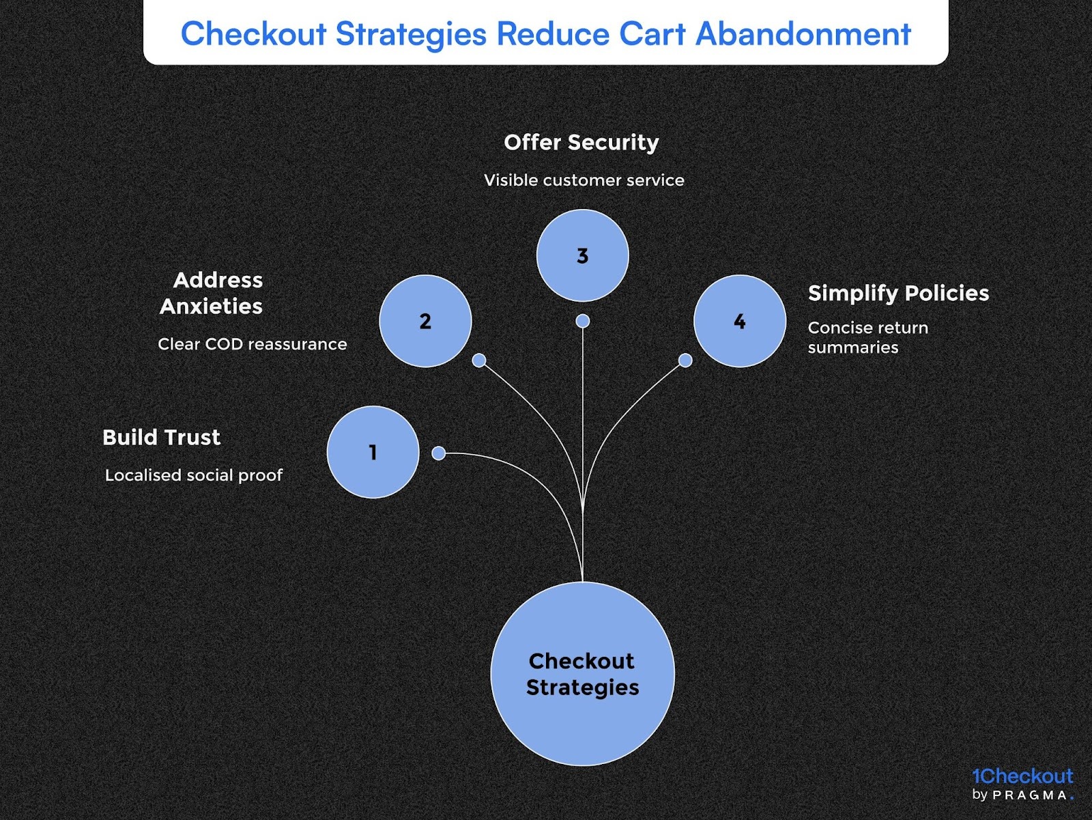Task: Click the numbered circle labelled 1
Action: [373, 452]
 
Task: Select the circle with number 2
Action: [425, 321]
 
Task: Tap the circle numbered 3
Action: [582, 255]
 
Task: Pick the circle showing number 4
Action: [740, 321]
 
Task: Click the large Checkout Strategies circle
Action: [582, 674]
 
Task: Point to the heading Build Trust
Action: [161, 437]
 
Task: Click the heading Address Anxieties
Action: [212, 293]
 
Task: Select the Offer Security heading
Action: [581, 142]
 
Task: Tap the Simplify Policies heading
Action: [898, 293]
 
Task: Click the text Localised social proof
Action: [194, 475]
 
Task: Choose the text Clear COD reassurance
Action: [253, 344]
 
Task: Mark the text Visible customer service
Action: [584, 180]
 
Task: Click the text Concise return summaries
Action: [867, 337]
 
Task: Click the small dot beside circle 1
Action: [439, 453]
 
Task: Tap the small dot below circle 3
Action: [582, 321]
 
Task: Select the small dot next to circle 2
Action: [479, 360]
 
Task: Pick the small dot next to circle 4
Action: [685, 360]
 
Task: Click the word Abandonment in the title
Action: [803, 34]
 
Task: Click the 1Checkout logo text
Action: [1022, 776]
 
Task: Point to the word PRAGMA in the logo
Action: [1030, 795]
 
